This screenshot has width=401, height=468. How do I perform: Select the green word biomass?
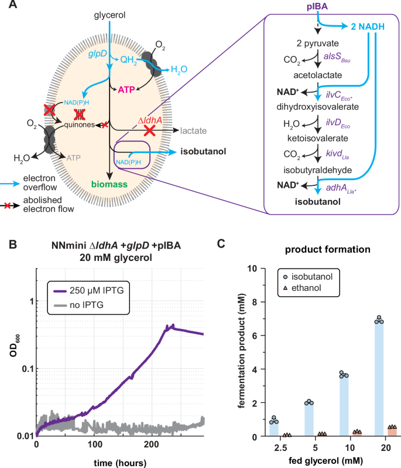(109, 185)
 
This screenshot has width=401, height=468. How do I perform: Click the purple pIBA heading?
(317, 6)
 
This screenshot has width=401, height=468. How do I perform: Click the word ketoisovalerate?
(308, 138)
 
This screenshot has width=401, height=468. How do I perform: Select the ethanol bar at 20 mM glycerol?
(392, 432)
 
